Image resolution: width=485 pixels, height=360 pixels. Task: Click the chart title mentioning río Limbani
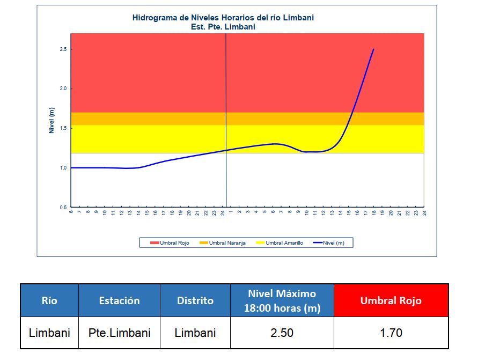[223, 17]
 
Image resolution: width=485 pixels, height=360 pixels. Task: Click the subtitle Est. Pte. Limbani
[223, 26]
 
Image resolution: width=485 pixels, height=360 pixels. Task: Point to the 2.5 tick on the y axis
[63, 49]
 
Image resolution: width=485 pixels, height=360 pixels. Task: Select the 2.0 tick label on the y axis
[63, 89]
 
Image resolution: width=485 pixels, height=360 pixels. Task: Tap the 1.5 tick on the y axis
[63, 128]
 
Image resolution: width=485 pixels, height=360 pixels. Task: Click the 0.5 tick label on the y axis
[63, 207]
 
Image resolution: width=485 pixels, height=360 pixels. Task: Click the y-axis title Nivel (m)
[52, 120]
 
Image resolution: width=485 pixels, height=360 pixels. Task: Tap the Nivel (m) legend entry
[332, 243]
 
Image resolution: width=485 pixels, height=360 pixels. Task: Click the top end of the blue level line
[373, 49]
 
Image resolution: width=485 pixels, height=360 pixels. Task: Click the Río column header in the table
[49, 300]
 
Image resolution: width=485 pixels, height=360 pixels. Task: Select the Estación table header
[119, 300]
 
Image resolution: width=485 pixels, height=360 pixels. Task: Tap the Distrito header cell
[195, 300]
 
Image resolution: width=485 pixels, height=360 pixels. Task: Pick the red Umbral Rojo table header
[391, 300]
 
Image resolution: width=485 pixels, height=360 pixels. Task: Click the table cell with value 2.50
[282, 333]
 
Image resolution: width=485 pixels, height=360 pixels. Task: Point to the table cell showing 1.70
[391, 333]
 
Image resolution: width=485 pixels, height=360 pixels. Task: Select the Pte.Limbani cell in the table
[119, 333]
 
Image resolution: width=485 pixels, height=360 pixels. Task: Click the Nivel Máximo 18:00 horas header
[282, 300]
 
